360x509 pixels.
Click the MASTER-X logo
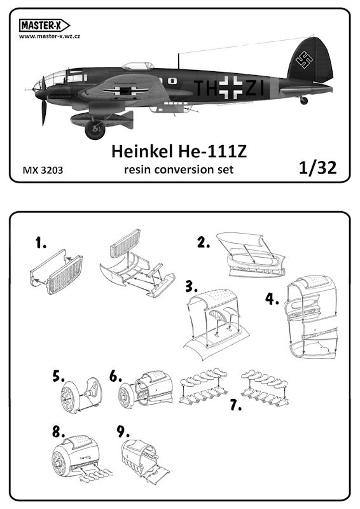tap(45, 25)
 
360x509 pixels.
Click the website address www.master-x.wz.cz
tap(50, 36)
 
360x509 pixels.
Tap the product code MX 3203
tap(43, 170)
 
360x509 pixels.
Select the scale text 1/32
tap(318, 168)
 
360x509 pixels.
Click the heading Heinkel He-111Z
tap(179, 151)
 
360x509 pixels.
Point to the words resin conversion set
tap(179, 169)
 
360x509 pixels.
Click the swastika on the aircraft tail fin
tap(304, 60)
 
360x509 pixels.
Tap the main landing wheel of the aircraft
tap(95, 130)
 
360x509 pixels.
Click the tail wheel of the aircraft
tap(304, 101)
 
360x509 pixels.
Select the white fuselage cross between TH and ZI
tap(231, 87)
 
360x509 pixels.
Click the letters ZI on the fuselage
tap(254, 88)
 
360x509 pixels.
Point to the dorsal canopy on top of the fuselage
tap(138, 66)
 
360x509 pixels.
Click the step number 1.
tap(41, 243)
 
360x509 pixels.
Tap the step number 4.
tap(272, 298)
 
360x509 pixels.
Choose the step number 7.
tap(236, 405)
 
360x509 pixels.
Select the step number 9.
tap(123, 432)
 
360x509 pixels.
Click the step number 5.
tap(59, 377)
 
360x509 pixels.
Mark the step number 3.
tap(191, 287)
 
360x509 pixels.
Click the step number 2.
tap(204, 242)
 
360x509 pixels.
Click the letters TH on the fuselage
tap(206, 88)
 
